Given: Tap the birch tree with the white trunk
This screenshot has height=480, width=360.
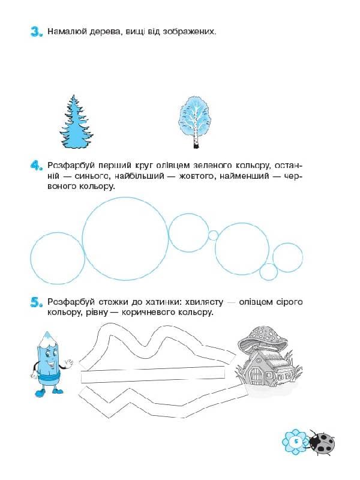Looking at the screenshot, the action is (194, 122).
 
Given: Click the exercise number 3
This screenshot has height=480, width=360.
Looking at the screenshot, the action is (37, 32).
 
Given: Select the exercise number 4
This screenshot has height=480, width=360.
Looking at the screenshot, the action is (37, 166).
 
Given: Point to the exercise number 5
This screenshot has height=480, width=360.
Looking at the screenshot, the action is (37, 302).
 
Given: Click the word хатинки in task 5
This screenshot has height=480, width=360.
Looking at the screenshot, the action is (157, 302).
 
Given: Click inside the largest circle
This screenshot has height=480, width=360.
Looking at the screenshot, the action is (125, 238).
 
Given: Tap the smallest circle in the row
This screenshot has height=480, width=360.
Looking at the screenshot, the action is (213, 235).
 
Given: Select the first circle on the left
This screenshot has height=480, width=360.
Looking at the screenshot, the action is (58, 258).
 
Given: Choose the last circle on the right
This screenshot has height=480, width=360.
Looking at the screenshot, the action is (287, 257).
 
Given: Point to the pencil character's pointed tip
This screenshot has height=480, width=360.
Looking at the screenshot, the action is (47, 334).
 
